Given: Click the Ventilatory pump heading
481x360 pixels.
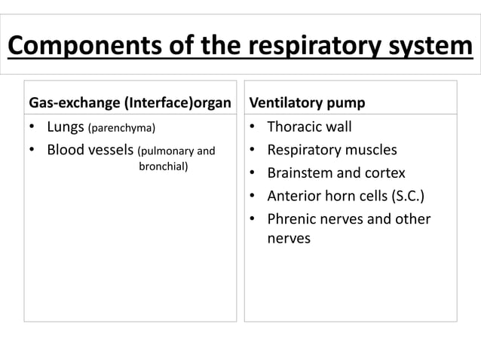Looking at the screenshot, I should point(296,102).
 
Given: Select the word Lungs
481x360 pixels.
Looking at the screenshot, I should point(66,126).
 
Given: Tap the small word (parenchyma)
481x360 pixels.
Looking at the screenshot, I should point(122,127).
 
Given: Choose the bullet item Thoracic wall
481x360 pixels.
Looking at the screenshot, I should point(309,127).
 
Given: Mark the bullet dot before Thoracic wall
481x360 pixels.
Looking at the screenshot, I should point(253,127).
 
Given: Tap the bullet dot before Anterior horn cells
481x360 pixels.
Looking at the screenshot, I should point(253,197).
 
